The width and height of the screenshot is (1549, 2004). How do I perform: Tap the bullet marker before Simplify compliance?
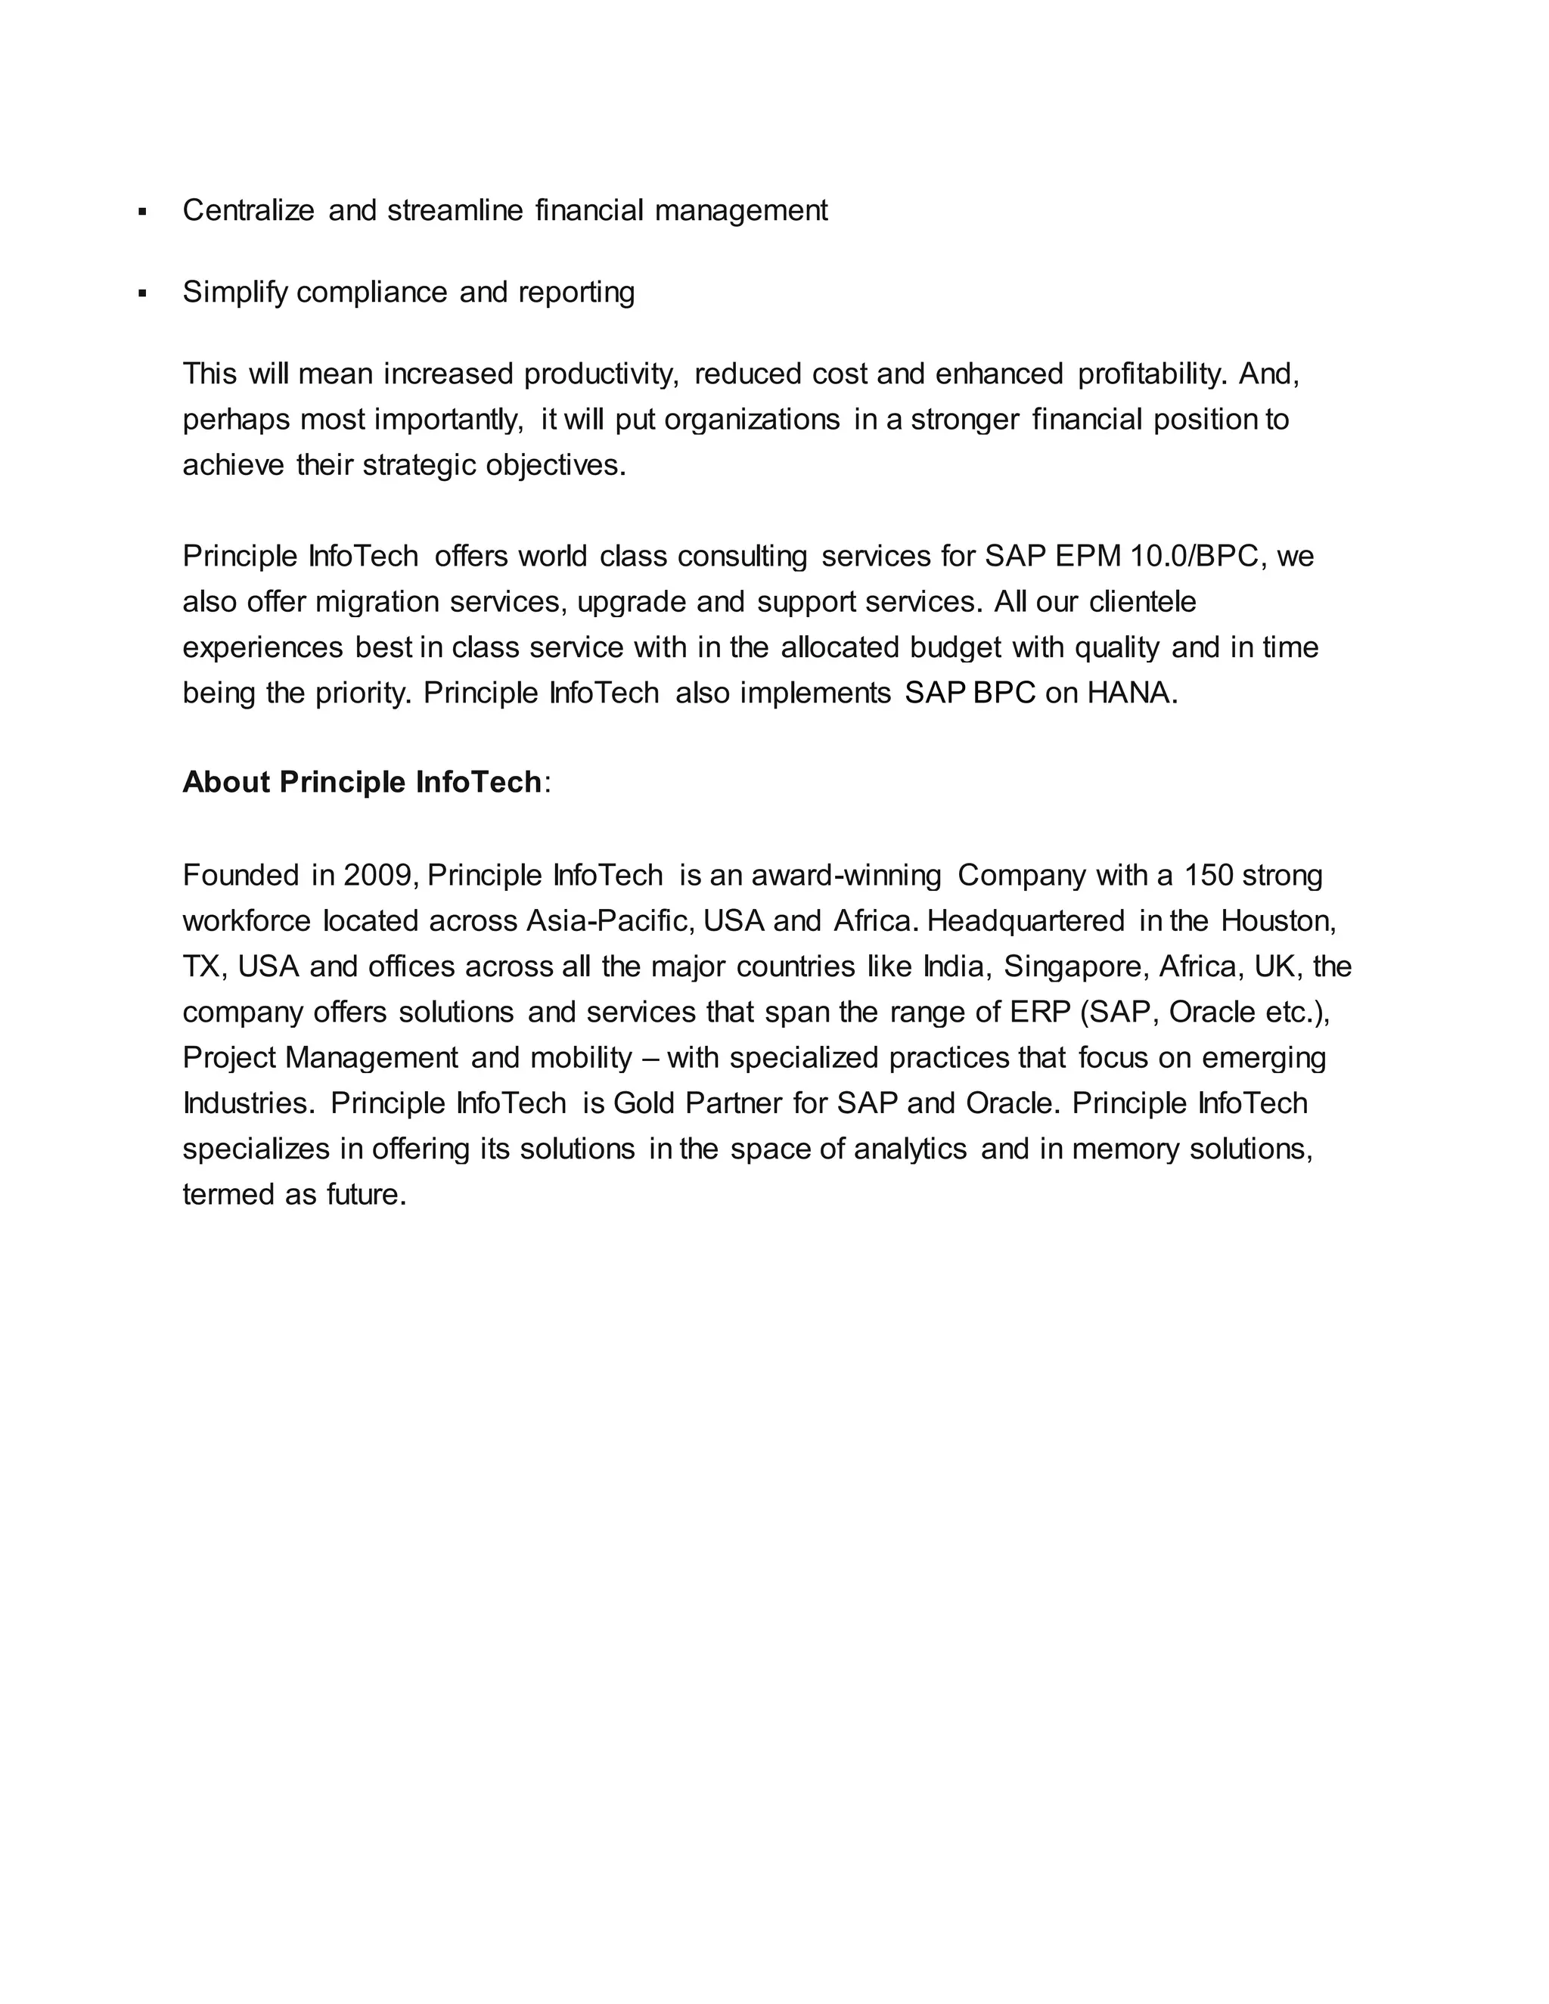pyautogui.click(x=142, y=293)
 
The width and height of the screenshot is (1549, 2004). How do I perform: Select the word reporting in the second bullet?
pyautogui.click(x=576, y=293)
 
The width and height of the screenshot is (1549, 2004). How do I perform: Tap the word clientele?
pyautogui.click(x=1143, y=603)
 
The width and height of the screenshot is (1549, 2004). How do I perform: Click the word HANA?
pyautogui.click(x=1131, y=693)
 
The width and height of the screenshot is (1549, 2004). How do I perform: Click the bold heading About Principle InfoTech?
pyautogui.click(x=362, y=783)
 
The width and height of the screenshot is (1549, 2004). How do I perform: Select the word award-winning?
pyautogui.click(x=846, y=876)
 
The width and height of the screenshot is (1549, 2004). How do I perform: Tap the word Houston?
pyautogui.click(x=1278, y=921)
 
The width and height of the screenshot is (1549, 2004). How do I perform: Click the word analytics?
pyautogui.click(x=911, y=1149)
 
